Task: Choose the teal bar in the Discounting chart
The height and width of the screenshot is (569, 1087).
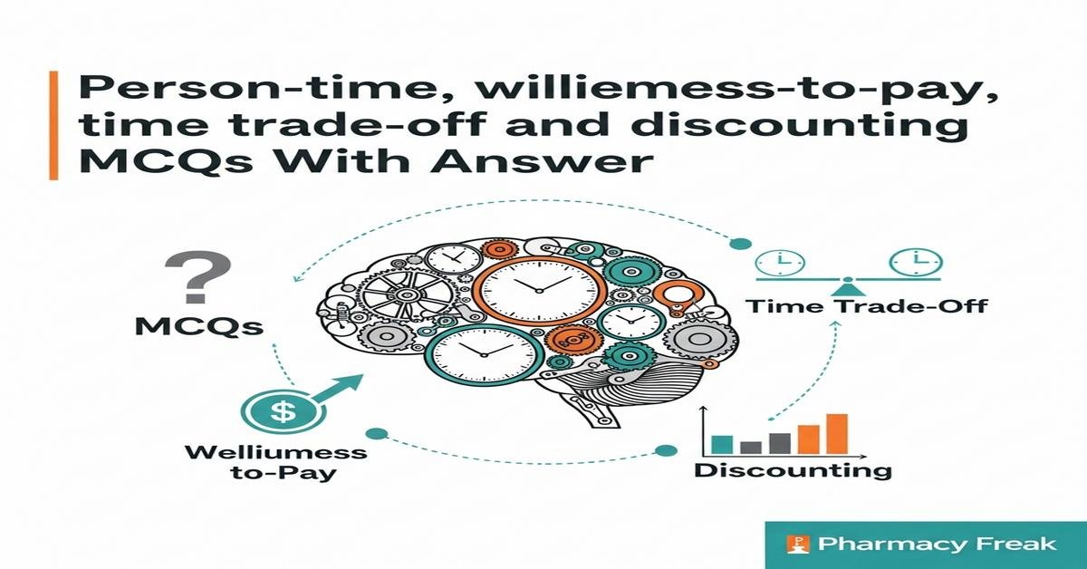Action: coord(721,443)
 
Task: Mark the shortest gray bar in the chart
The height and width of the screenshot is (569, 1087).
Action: coord(751,447)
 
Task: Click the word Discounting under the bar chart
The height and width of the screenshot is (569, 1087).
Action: coord(793,470)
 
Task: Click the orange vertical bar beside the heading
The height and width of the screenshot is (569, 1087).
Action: coord(55,126)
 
